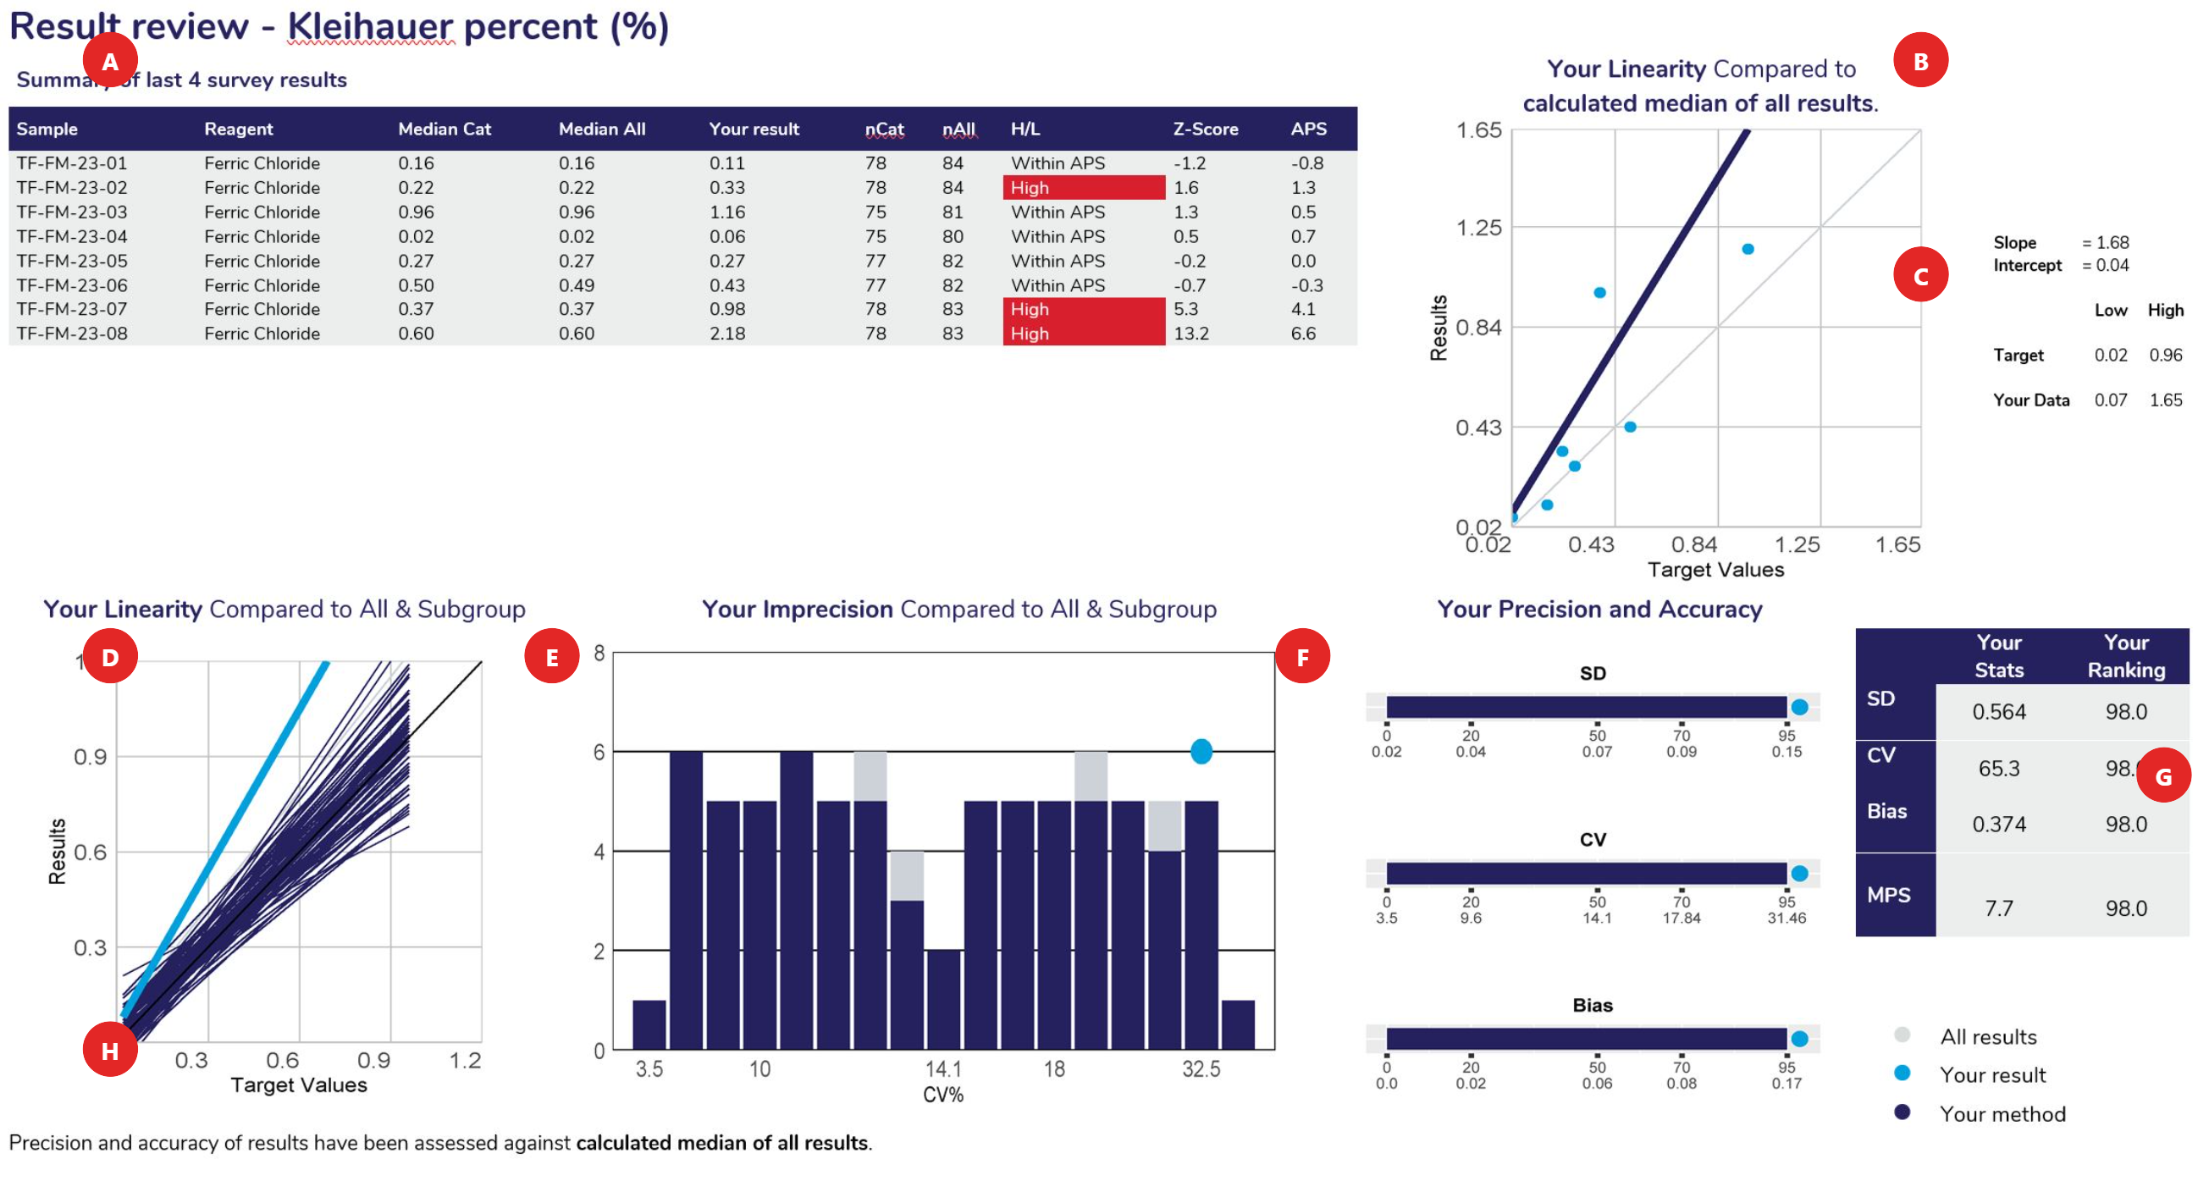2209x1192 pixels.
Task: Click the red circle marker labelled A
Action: [110, 61]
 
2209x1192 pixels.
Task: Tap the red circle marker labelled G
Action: [2162, 776]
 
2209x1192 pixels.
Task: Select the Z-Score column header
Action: [1205, 129]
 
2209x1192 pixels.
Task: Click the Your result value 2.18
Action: [726, 334]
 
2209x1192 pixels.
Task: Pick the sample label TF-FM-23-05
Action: [72, 261]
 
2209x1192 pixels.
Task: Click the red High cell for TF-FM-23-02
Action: [1083, 187]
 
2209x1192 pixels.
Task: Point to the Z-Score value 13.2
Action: [1190, 334]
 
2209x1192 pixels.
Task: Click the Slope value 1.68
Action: [2112, 243]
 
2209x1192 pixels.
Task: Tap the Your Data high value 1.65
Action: [2164, 400]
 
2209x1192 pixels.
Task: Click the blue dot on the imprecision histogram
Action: [1201, 751]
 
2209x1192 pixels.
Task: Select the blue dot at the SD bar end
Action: [1799, 707]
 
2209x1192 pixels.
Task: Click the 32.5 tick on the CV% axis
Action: [1201, 1068]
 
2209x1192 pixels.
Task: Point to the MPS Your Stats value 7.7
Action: [1998, 908]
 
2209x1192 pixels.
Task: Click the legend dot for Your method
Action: [1901, 1112]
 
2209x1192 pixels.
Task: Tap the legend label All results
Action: [1988, 1037]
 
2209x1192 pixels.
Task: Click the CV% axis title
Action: [942, 1095]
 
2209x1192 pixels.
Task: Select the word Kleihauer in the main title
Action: [370, 26]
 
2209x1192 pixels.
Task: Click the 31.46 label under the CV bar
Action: [1786, 918]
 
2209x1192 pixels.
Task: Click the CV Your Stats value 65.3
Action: [1998, 769]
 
